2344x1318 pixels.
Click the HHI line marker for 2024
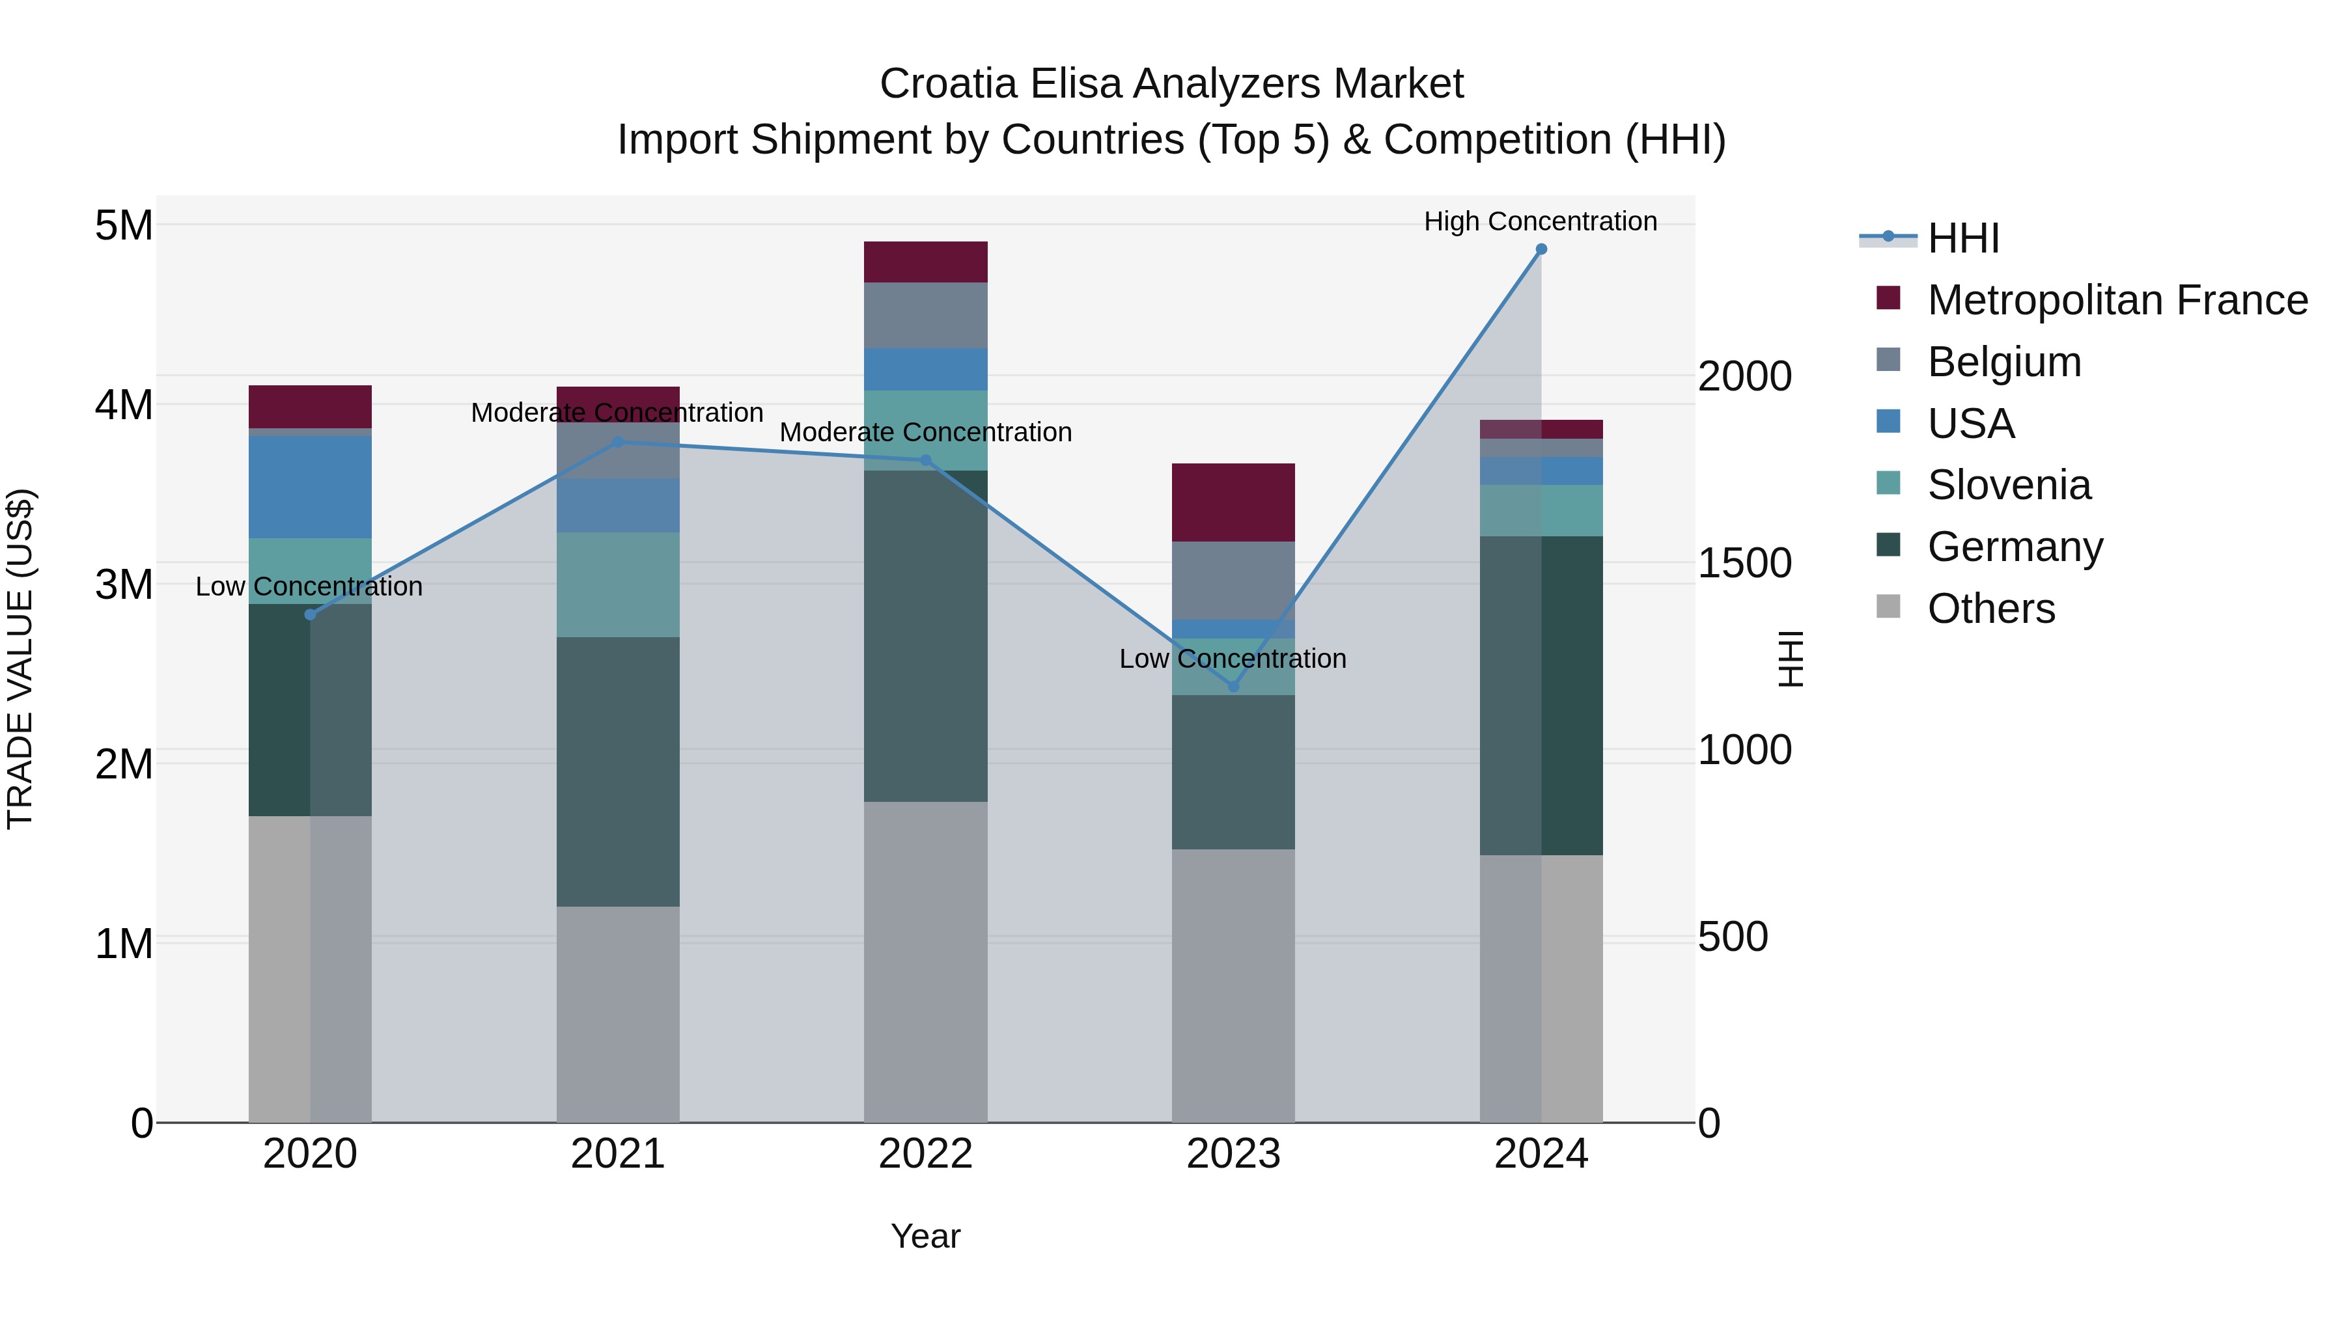[x=1541, y=249]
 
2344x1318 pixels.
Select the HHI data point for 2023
[x=1233, y=686]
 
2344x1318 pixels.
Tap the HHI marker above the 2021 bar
[x=618, y=442]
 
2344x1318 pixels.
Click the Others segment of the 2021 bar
[x=618, y=1013]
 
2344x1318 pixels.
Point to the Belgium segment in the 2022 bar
[x=925, y=315]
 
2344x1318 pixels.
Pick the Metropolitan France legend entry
[x=2117, y=300]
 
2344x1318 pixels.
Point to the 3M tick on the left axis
[x=124, y=584]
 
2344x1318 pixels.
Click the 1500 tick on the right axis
[x=1744, y=563]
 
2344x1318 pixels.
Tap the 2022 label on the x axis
[x=925, y=1154]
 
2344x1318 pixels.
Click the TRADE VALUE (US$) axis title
[x=21, y=659]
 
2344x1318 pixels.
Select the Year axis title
[x=925, y=1236]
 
